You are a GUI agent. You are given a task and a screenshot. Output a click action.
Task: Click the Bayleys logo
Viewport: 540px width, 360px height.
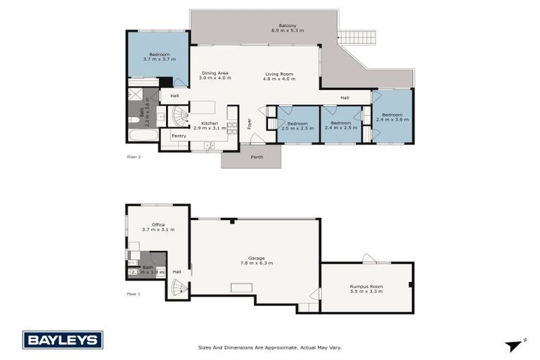(x=63, y=340)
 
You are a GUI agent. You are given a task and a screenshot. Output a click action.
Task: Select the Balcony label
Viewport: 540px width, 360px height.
(x=287, y=26)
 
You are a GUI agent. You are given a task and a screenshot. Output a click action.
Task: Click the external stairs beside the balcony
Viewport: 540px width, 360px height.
(x=357, y=37)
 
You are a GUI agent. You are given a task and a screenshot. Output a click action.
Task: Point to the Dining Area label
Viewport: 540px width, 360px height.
(x=215, y=73)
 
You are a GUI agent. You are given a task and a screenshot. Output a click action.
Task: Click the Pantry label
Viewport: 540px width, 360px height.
(x=179, y=136)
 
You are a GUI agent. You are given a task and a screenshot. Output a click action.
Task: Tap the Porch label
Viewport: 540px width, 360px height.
(x=257, y=157)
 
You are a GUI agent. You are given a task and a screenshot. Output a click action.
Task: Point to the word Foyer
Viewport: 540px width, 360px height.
(x=249, y=124)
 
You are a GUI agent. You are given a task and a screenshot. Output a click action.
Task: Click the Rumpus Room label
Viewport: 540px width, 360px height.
(x=366, y=286)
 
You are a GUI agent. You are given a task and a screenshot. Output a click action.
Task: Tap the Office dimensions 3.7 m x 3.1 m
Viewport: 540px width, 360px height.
(x=158, y=230)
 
